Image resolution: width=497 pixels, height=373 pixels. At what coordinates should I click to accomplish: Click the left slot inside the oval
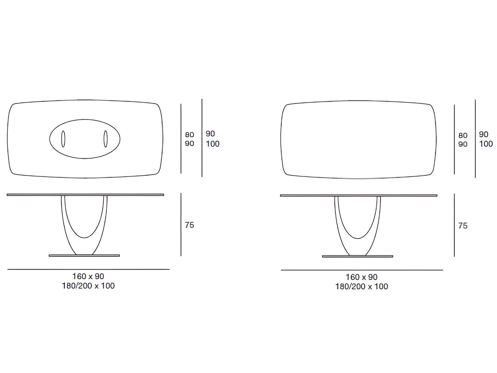coord(63,139)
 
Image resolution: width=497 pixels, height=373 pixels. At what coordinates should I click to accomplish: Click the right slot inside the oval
coord(106,139)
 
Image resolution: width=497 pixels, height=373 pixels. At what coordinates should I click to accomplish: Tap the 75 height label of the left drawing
coord(189,225)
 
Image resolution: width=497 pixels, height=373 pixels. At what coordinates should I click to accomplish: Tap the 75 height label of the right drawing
coord(463,226)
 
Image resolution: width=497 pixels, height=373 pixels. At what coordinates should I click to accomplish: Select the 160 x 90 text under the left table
coord(88,276)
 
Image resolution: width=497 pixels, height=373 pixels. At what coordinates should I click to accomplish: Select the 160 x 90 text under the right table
coord(361,277)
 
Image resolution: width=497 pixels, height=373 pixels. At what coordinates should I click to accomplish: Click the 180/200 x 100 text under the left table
coord(88,286)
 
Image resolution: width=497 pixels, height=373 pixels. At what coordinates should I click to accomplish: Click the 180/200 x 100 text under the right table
coord(362,287)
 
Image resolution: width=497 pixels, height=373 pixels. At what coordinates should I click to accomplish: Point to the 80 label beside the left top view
coord(189,135)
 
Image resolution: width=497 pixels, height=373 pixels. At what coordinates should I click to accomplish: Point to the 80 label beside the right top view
coord(463,135)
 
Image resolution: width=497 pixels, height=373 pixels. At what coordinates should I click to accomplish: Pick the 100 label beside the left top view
coord(213,144)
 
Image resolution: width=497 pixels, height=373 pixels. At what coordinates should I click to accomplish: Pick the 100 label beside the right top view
coord(486,144)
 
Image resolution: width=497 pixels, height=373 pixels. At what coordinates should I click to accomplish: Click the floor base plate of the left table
coord(84,255)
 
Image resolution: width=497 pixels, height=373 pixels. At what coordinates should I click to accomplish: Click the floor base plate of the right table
coord(357,256)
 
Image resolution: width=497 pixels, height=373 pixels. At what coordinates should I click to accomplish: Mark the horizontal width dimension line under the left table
coord(88,269)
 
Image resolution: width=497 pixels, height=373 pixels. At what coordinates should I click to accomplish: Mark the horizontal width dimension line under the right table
coord(362,270)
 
